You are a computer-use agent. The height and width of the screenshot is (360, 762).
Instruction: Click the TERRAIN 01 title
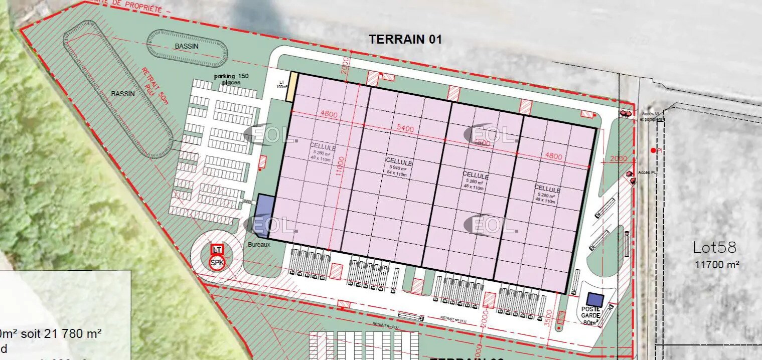click(405, 39)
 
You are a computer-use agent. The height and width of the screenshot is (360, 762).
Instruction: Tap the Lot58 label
click(714, 247)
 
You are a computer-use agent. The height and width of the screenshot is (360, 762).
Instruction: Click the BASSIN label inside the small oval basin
click(187, 46)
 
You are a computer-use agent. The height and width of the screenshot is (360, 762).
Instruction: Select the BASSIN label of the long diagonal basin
click(122, 94)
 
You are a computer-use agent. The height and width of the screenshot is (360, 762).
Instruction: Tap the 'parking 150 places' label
click(231, 79)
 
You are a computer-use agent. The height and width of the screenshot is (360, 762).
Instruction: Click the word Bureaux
click(259, 245)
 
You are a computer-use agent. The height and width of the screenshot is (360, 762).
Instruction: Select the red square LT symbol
click(217, 249)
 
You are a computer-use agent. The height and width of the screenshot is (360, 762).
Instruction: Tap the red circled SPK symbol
click(217, 262)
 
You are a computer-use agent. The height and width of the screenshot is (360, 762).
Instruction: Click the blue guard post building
click(594, 299)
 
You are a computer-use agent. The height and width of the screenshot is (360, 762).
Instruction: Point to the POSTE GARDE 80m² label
click(590, 316)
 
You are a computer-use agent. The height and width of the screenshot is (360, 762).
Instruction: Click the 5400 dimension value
click(405, 129)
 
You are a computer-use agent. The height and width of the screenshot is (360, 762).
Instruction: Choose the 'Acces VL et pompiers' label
click(652, 117)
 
